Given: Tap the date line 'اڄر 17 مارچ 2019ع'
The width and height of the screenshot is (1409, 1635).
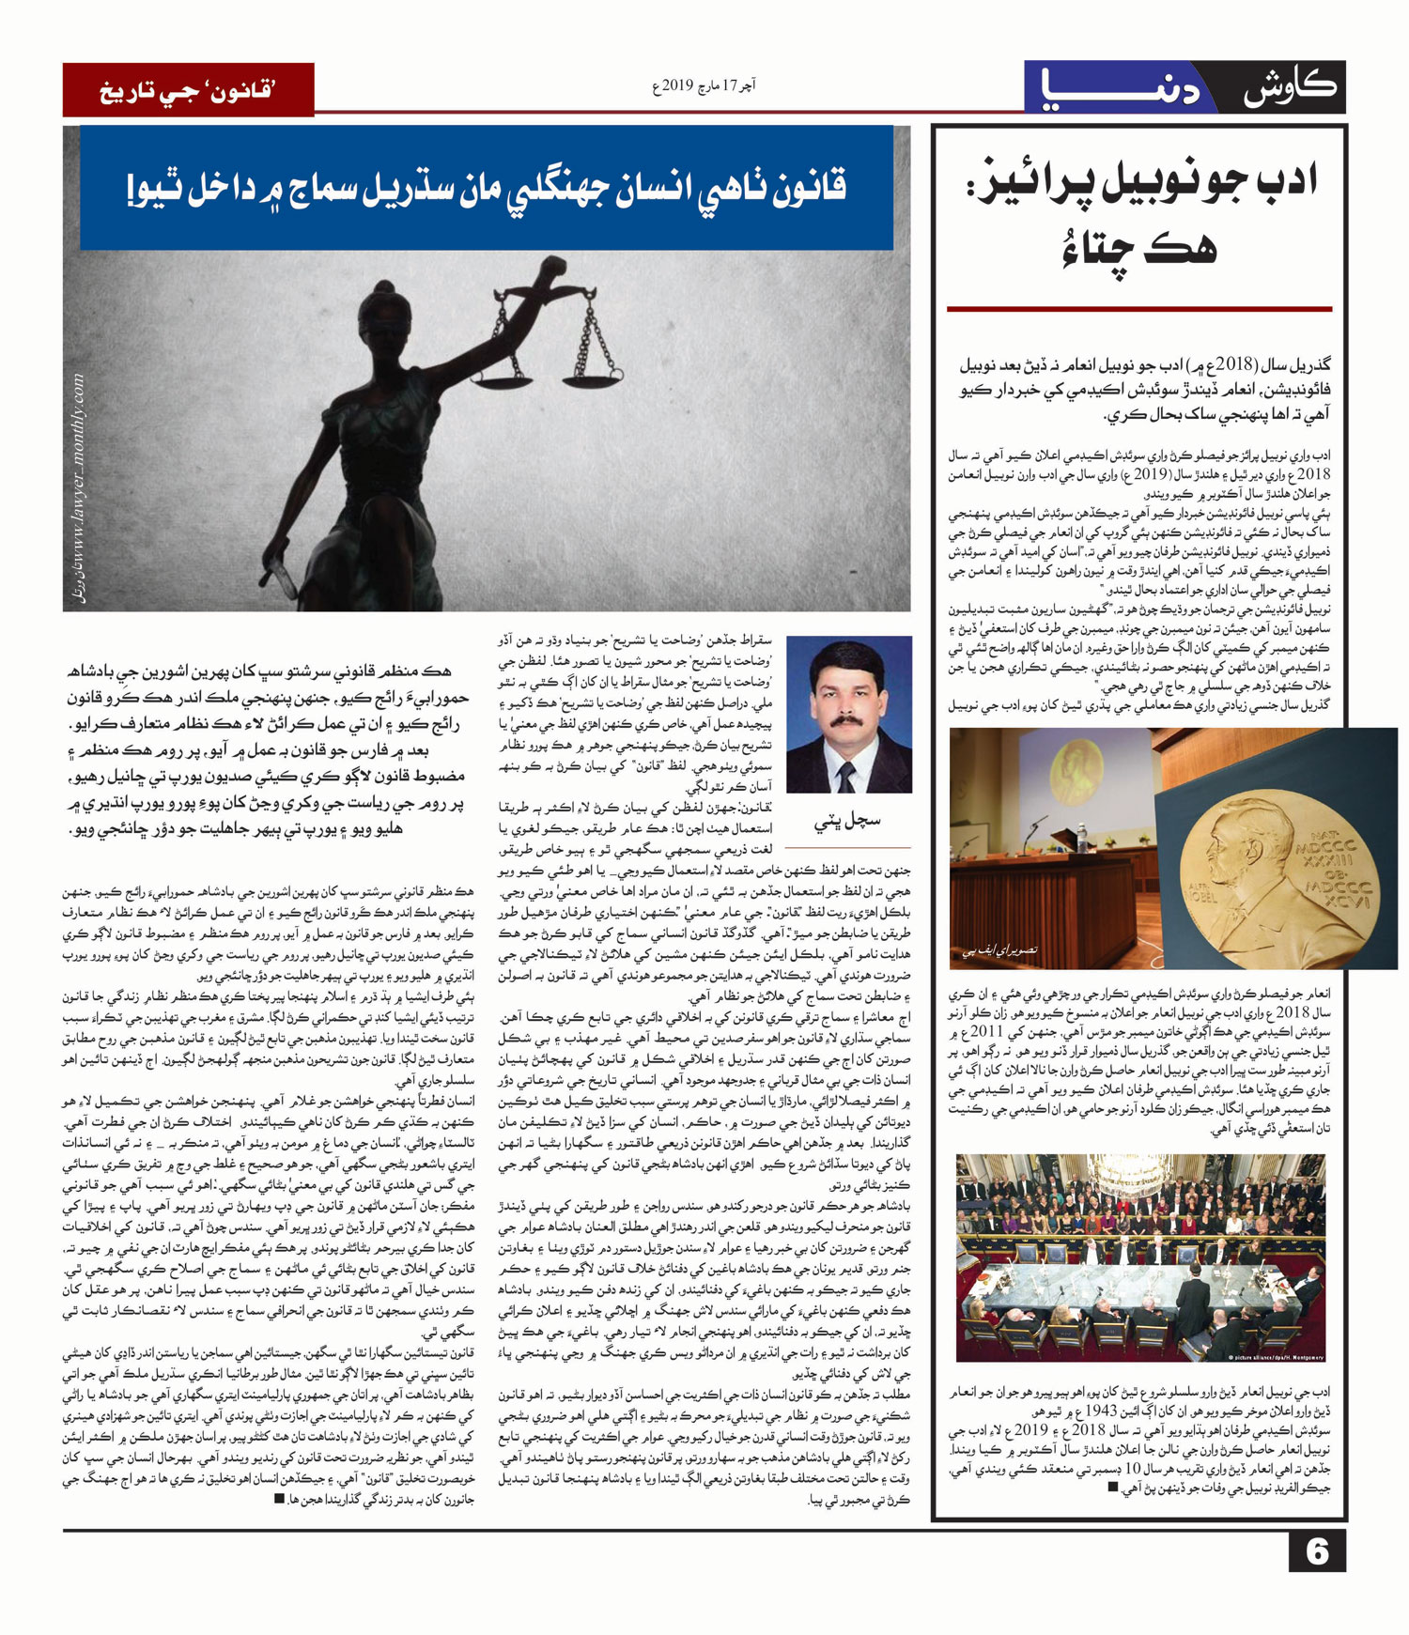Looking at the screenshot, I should (x=704, y=86).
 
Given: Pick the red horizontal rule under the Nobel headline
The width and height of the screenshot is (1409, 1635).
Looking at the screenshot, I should (x=1139, y=309).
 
